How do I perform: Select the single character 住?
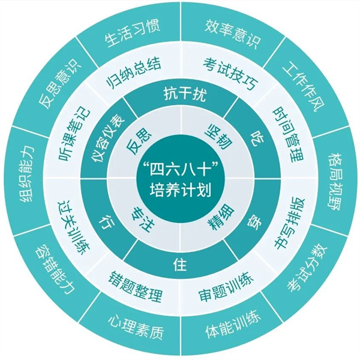[x=178, y=265]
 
